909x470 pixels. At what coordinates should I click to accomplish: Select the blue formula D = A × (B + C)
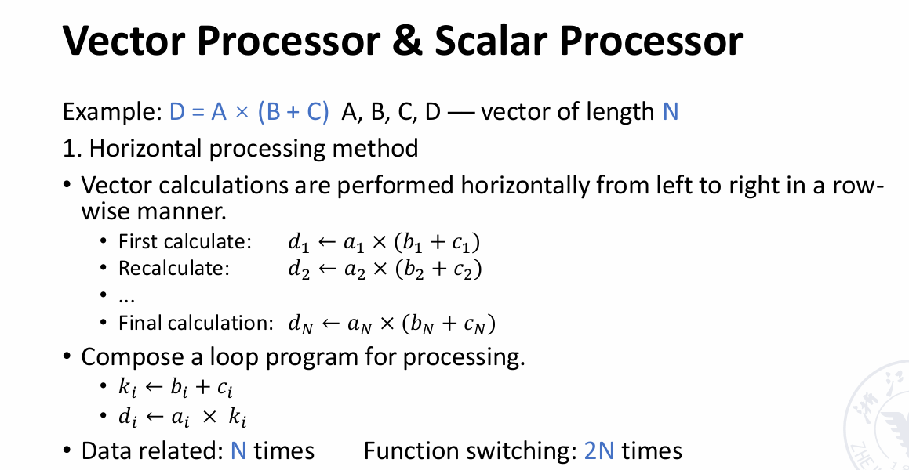click(249, 111)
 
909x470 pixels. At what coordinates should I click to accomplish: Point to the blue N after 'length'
click(670, 111)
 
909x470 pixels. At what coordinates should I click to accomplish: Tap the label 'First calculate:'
click(185, 242)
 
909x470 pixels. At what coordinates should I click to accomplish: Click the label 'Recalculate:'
click(174, 269)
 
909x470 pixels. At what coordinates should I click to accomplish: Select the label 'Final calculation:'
click(195, 323)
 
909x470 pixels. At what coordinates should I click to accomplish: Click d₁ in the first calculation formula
click(300, 243)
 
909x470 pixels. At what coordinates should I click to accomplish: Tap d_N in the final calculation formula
click(301, 325)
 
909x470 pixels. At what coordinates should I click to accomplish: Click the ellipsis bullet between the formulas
click(126, 299)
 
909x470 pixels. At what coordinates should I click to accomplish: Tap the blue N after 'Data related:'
click(239, 450)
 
